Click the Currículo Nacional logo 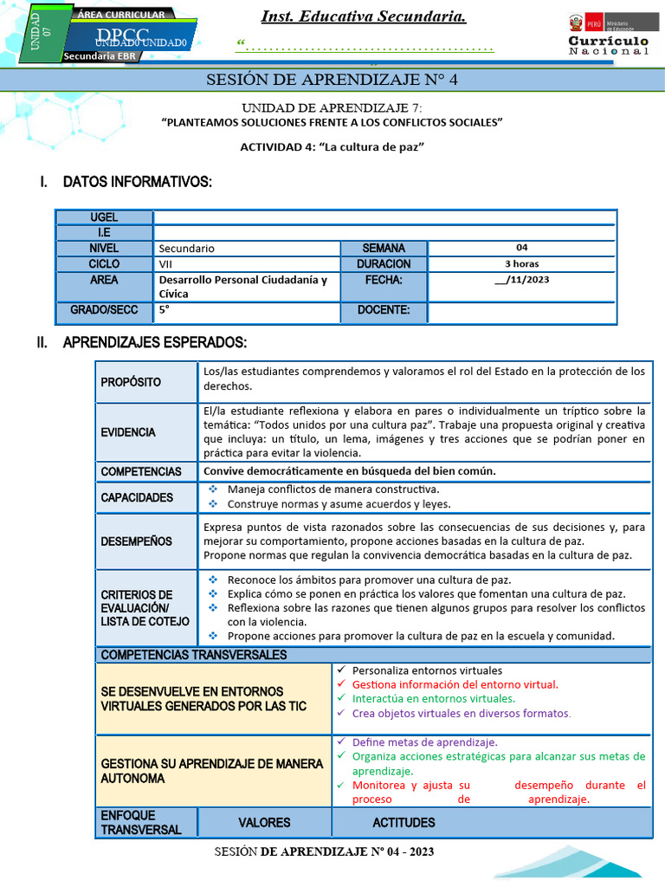pos(608,36)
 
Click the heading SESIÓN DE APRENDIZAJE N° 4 pos(332,81)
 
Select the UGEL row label pos(104,217)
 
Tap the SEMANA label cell pos(384,248)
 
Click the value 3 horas pos(522,263)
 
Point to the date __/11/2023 pos(522,280)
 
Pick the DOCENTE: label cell pos(384,310)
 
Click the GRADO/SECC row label pos(104,310)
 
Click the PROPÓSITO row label pos(131,382)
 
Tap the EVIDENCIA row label pos(128,431)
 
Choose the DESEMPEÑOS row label pos(136,541)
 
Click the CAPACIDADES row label pos(137,497)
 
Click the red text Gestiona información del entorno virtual pos(455,684)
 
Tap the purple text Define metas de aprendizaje pos(424,742)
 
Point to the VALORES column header pos(264,822)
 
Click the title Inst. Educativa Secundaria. pos(364,16)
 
